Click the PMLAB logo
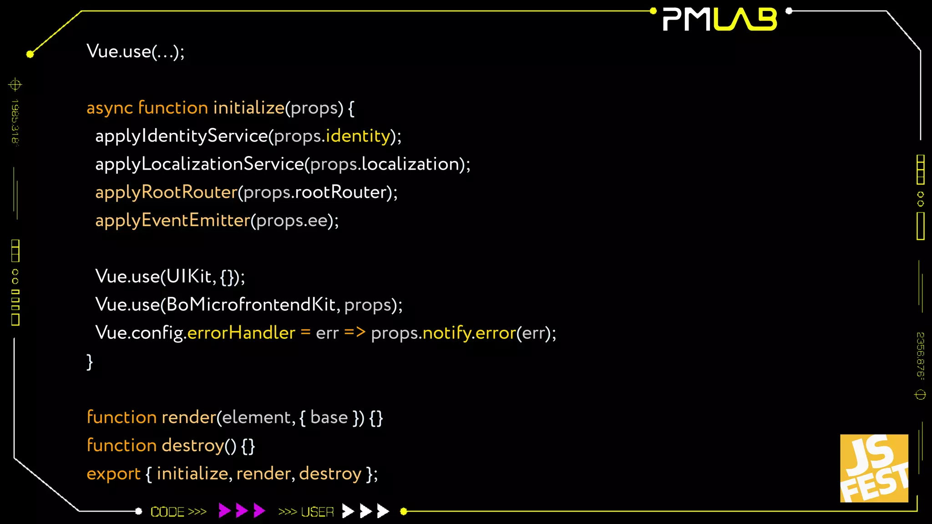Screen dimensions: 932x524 [x=720, y=20]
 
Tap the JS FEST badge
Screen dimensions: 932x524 [x=874, y=468]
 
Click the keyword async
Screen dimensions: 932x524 [x=110, y=108]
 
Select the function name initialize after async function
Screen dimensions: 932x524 [x=248, y=108]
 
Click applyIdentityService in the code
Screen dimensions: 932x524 [x=182, y=136]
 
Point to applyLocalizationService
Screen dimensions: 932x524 [x=199, y=164]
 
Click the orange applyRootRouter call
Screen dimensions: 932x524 [x=167, y=192]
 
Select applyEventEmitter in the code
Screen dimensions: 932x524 [x=173, y=221]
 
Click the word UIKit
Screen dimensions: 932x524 [x=189, y=277]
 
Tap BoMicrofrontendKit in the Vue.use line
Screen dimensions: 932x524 [x=251, y=305]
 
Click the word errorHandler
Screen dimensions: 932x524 [x=241, y=333]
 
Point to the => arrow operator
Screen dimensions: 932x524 [x=355, y=333]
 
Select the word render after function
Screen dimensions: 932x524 [x=188, y=418]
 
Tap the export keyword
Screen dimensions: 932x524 [x=114, y=474]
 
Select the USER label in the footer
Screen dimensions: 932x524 [x=317, y=512]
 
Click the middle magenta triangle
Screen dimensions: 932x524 [x=242, y=511]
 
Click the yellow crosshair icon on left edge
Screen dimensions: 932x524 [x=15, y=85]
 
